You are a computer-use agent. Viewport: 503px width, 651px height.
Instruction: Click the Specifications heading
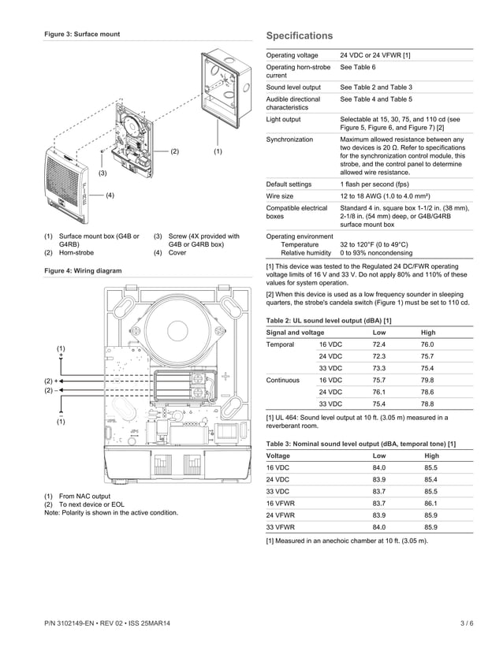point(300,36)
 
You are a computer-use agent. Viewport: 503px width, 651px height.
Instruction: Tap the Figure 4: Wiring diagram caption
point(83,270)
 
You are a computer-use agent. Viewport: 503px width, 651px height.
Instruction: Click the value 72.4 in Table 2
point(378,344)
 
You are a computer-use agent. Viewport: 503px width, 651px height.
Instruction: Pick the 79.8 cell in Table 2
point(427,380)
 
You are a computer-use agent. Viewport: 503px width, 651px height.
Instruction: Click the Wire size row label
point(280,195)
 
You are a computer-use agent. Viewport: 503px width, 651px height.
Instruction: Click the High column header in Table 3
point(431,456)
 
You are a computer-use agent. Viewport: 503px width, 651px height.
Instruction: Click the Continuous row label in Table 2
point(283,380)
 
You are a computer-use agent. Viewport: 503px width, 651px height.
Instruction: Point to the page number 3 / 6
point(467,623)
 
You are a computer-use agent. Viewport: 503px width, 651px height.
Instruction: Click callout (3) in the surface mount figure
point(102,172)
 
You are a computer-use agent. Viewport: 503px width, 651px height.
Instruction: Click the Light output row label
point(284,119)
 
